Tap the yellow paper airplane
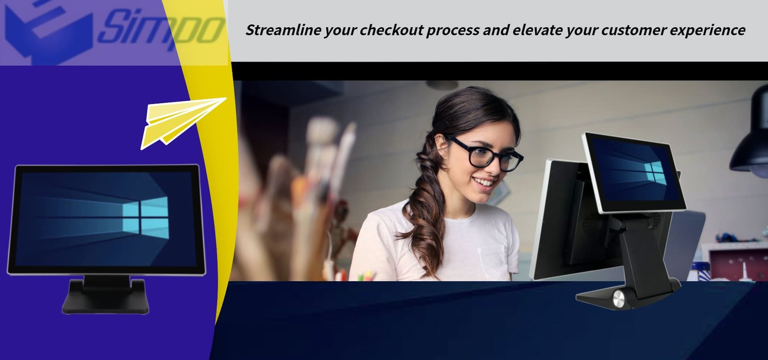coord(182,123)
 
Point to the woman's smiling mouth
coord(484,182)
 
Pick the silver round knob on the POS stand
coord(619,298)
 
